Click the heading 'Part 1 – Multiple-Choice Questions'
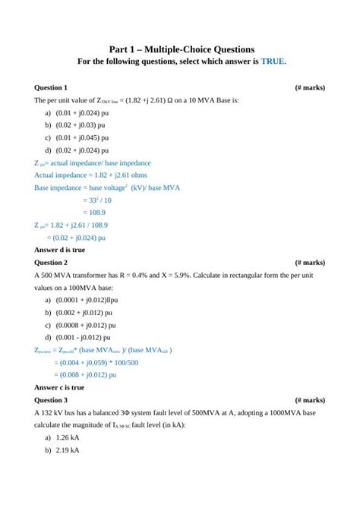click(180, 48)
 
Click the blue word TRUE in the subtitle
click(273, 62)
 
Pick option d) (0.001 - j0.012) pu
click(79, 337)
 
